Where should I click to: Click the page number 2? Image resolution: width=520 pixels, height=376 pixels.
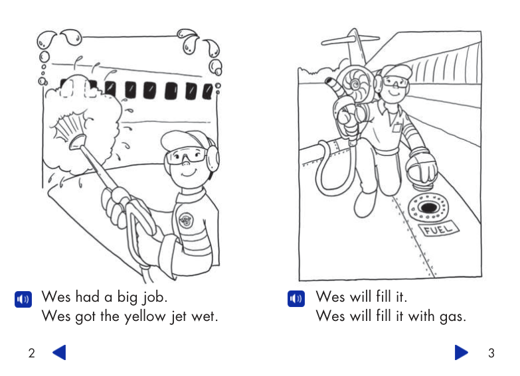pyautogui.click(x=31, y=353)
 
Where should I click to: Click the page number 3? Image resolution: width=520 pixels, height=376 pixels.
pyautogui.click(x=491, y=353)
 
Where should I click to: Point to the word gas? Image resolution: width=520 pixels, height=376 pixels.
pyautogui.click(x=452, y=316)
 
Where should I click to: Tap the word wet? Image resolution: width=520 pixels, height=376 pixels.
pyautogui.click(x=203, y=316)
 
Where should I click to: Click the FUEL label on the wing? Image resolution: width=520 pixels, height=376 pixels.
pyautogui.click(x=438, y=229)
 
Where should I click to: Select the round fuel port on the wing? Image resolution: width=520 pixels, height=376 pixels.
pyautogui.click(x=426, y=208)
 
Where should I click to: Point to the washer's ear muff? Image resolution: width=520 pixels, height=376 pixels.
pyautogui.click(x=213, y=157)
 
